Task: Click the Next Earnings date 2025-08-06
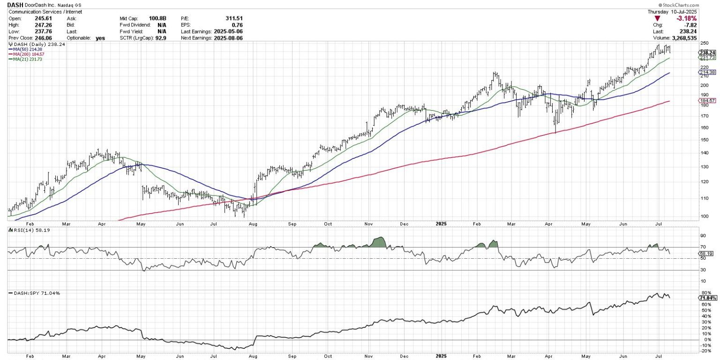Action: [228, 38]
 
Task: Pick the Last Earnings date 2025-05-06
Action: [228, 31]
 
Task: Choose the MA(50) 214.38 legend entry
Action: [23, 49]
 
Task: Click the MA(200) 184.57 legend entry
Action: [25, 54]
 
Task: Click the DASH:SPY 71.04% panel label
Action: [31, 293]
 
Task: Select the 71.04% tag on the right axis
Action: [706, 298]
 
